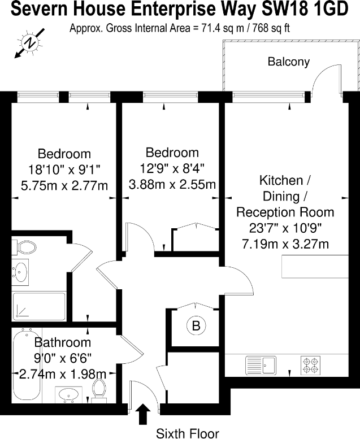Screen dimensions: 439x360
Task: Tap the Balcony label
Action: point(289,62)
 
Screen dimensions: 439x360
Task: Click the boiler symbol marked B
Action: point(196,326)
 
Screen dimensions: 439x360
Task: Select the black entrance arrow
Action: point(144,413)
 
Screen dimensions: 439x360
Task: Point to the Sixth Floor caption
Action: point(187,433)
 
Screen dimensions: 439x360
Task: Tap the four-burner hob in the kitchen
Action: point(310,364)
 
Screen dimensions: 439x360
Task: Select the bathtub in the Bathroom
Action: point(26,365)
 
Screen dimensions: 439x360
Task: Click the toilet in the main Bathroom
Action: point(100,389)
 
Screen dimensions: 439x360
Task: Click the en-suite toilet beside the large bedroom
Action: point(25,246)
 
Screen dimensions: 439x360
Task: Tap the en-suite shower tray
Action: point(40,305)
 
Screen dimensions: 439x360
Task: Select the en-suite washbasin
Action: point(21,272)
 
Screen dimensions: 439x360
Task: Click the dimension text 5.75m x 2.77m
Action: point(64,185)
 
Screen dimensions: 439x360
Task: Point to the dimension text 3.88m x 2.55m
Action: point(172,184)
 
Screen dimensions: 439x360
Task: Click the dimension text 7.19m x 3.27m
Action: point(285,244)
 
